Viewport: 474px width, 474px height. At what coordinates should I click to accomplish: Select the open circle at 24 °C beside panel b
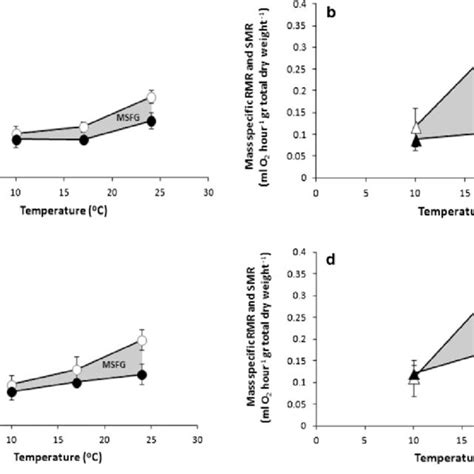tap(151, 97)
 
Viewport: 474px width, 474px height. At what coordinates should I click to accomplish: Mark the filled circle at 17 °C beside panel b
tap(84, 140)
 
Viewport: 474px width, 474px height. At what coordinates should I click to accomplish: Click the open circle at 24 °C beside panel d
tap(142, 341)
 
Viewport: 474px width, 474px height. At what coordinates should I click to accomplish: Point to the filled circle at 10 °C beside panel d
tap(12, 392)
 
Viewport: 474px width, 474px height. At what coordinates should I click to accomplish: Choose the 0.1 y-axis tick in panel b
tap(298, 134)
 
